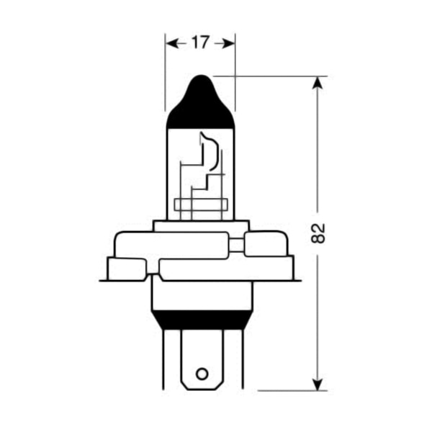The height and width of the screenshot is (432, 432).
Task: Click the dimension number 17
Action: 199,43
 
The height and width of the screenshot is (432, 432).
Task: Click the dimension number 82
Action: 320,233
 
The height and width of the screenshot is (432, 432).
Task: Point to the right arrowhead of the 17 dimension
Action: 228,43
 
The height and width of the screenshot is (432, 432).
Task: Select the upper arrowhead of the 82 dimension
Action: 316,82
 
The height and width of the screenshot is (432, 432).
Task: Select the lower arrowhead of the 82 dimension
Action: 316,384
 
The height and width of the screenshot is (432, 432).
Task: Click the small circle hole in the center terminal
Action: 202,374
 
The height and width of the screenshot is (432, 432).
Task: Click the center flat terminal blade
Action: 202,360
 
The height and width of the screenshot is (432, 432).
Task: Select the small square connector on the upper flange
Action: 236,246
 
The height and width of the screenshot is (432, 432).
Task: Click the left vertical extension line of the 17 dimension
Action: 166,72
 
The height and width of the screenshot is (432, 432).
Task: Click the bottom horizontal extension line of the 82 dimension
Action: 288,391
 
